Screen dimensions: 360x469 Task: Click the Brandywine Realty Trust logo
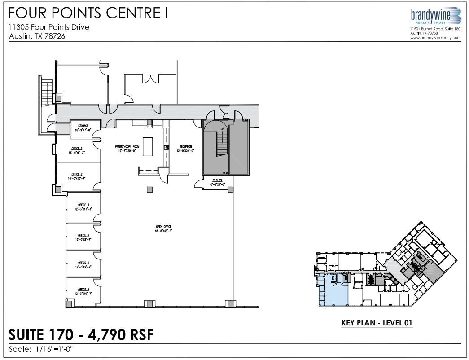tap(435, 16)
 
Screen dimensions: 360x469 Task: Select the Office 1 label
tap(77, 149)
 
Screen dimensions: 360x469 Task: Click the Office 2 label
tap(77, 174)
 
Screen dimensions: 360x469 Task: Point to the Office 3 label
tap(83, 205)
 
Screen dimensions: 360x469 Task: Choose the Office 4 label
tap(83, 235)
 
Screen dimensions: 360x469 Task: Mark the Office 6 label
tap(83, 290)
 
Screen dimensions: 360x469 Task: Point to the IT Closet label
tap(218, 180)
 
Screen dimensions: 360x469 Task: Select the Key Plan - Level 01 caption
tap(377, 322)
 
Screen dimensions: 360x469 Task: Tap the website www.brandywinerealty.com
tap(435, 38)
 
